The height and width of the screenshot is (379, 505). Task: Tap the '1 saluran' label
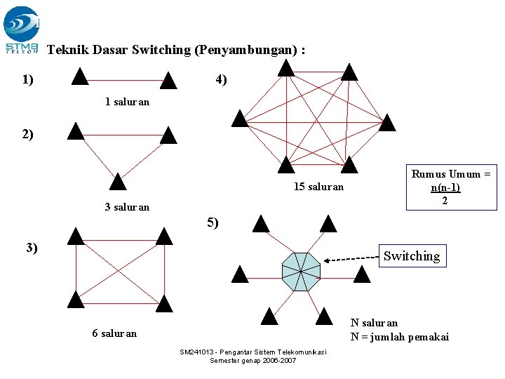tap(127, 102)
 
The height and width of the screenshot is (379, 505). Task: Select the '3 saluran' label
tap(126, 207)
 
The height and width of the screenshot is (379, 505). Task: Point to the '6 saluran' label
tap(114, 333)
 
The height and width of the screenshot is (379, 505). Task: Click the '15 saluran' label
tap(318, 187)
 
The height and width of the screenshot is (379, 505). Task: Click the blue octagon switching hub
tap(301, 272)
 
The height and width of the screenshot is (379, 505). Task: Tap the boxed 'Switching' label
tap(411, 256)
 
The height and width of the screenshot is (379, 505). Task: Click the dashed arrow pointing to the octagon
tap(351, 259)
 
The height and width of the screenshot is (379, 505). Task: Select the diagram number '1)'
tap(29, 79)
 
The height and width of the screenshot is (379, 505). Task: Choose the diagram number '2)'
tap(27, 134)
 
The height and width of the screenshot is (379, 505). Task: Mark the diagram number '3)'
tap(32, 247)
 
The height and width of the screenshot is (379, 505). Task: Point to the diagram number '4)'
tap(221, 80)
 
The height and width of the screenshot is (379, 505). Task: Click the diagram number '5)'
tap(213, 223)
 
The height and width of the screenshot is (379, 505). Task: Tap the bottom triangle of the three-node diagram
tap(118, 182)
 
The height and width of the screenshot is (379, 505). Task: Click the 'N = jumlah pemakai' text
tap(399, 337)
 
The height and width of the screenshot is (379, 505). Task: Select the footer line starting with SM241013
tap(252, 352)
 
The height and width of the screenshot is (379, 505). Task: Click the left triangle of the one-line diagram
tap(80, 76)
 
